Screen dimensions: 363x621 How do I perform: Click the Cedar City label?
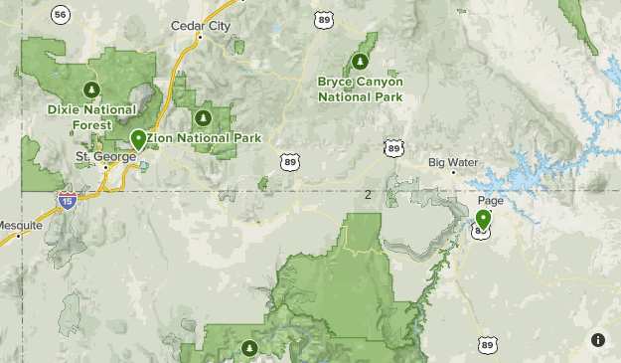(200, 26)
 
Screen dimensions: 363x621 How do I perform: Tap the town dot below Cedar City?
(200, 38)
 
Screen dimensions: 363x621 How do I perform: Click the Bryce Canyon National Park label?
(360, 89)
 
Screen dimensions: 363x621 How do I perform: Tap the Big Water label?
(453, 162)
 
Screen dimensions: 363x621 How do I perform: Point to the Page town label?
(491, 200)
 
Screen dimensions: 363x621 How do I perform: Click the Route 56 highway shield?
(62, 14)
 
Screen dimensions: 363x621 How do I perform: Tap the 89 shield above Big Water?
(394, 148)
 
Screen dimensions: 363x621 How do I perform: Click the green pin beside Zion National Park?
(138, 139)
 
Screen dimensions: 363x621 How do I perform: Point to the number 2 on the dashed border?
(368, 194)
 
